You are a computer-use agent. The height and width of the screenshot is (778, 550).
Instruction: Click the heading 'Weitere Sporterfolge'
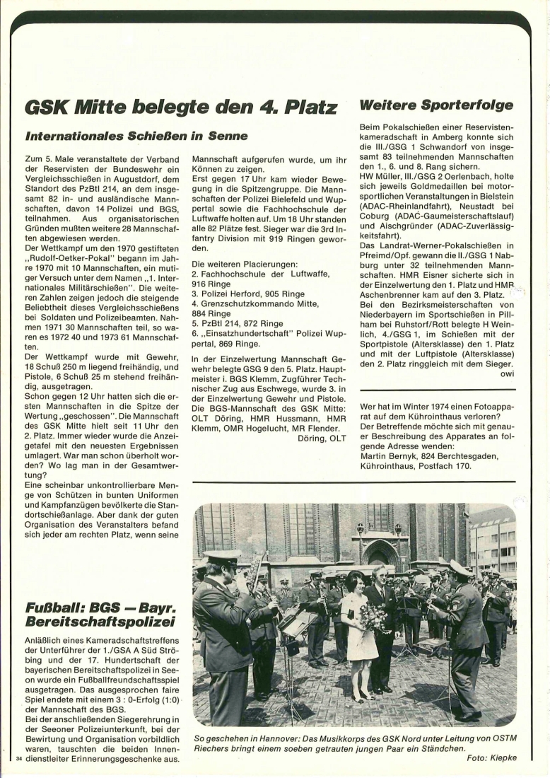pyautogui.click(x=436, y=105)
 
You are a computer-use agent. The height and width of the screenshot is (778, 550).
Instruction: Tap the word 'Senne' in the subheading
pyautogui.click(x=227, y=135)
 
